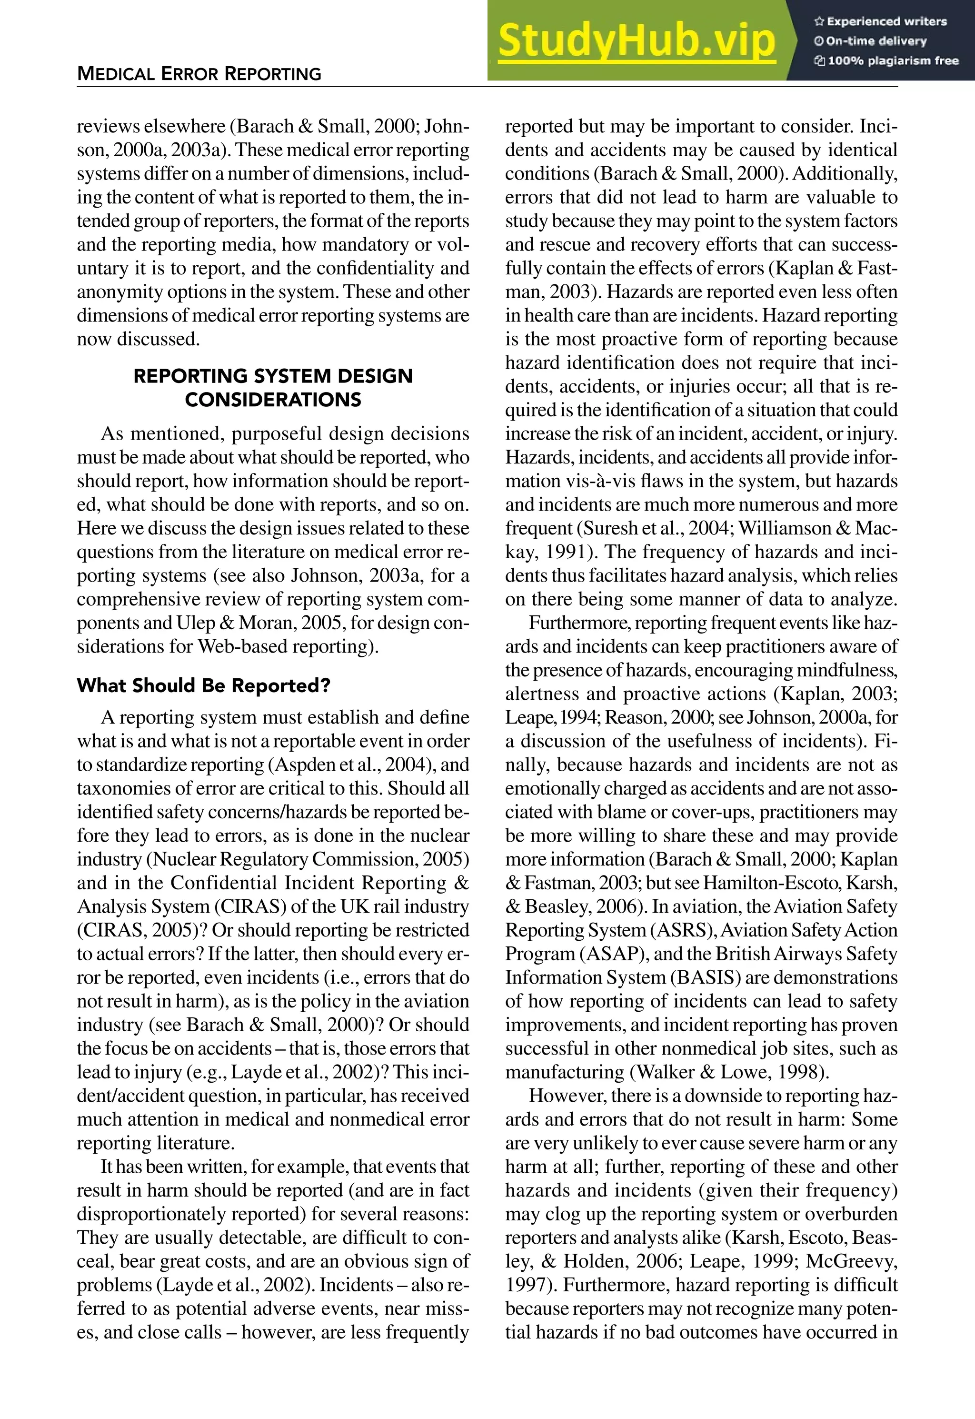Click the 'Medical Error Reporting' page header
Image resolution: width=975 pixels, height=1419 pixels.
coord(199,74)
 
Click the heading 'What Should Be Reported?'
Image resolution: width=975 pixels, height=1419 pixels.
coord(203,685)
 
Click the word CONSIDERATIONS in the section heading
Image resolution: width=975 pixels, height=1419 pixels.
coord(273,400)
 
